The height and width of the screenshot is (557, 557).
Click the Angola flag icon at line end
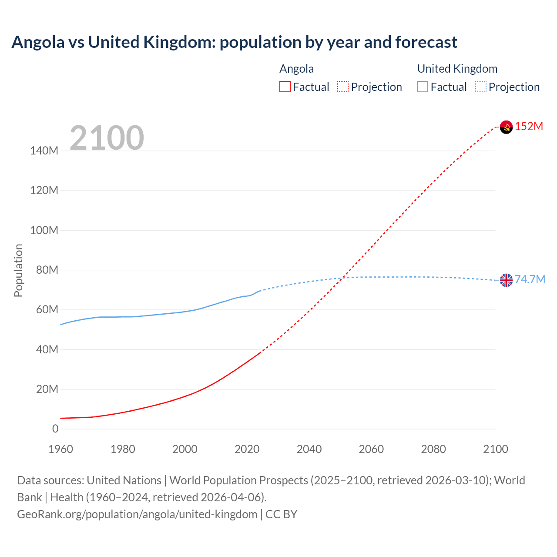click(506, 127)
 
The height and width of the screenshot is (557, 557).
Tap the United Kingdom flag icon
click(506, 280)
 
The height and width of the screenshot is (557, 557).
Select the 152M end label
click(529, 127)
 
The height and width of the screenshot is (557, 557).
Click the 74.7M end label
click(530, 279)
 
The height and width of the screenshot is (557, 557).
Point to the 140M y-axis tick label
click(44, 151)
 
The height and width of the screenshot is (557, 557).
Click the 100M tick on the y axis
click(44, 230)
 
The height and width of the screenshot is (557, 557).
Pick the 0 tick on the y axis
click(55, 429)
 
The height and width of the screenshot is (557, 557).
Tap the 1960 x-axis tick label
click(60, 449)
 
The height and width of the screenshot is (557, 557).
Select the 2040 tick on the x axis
click(309, 449)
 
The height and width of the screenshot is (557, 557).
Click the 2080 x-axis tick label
click(433, 449)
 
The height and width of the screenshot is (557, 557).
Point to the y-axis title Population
click(18, 270)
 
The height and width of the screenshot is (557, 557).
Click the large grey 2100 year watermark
click(107, 138)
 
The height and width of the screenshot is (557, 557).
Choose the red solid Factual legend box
click(285, 87)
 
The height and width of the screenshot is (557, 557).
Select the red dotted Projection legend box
click(343, 87)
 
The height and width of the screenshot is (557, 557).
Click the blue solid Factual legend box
click(422, 87)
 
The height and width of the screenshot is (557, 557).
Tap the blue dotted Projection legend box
click(480, 87)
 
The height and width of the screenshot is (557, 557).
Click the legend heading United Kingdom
click(457, 69)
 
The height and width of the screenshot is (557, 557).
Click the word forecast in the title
click(426, 42)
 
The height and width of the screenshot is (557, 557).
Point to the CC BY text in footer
click(281, 514)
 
